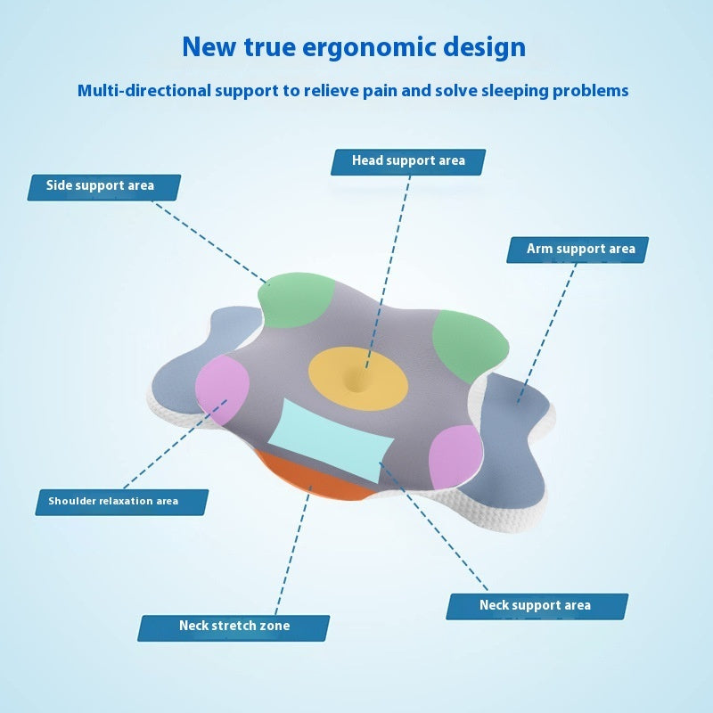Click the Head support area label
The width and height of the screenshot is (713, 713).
point(408,161)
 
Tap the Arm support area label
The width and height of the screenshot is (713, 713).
point(578,250)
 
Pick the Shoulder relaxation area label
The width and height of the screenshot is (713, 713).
point(121,501)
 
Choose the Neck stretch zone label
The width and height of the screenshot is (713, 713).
point(234,627)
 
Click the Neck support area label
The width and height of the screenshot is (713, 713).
point(537,606)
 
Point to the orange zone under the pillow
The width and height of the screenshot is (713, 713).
point(312,479)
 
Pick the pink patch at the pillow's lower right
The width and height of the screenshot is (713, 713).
point(455,455)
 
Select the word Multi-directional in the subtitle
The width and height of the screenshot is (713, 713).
point(142,90)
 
